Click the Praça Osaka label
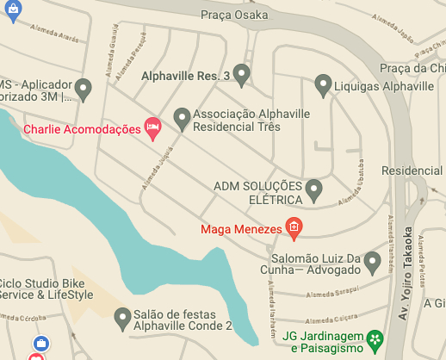click(x=235, y=15)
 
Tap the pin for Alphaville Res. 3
click(x=241, y=75)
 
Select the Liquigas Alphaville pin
click(x=323, y=85)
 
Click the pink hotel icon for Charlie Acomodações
click(x=154, y=129)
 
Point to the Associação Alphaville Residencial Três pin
click(x=182, y=118)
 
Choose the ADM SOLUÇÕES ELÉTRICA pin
click(x=314, y=189)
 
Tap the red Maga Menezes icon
click(x=294, y=229)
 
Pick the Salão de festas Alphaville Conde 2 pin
click(x=122, y=319)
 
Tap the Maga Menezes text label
click(x=242, y=229)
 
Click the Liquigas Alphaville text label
click(x=385, y=87)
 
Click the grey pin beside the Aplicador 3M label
click(x=83, y=88)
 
